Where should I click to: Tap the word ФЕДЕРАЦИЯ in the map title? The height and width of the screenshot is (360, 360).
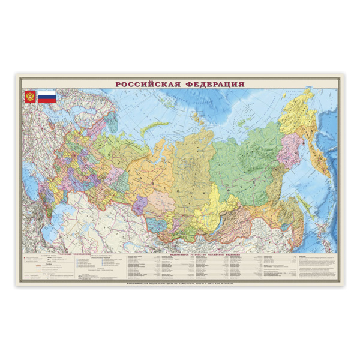point(212,84)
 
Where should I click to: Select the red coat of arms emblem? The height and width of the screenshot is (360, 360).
point(29,97)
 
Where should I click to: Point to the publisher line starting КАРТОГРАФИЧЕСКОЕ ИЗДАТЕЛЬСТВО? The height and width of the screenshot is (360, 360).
point(180,281)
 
